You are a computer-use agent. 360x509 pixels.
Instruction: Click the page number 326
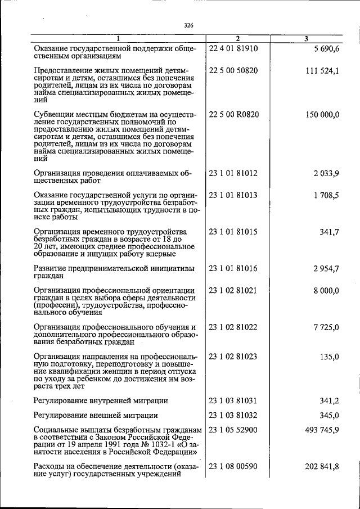coord(188,25)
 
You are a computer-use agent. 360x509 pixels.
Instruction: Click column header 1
coord(118,38)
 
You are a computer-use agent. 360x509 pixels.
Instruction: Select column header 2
coord(238,38)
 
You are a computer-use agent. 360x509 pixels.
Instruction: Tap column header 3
coord(305,38)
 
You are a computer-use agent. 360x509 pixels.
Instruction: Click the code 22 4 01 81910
coord(233,48)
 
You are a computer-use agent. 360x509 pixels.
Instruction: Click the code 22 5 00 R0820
coord(233,114)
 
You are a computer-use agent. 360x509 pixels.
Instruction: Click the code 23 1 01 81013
coord(233,195)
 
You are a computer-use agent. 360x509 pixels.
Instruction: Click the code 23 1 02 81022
coord(233,327)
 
